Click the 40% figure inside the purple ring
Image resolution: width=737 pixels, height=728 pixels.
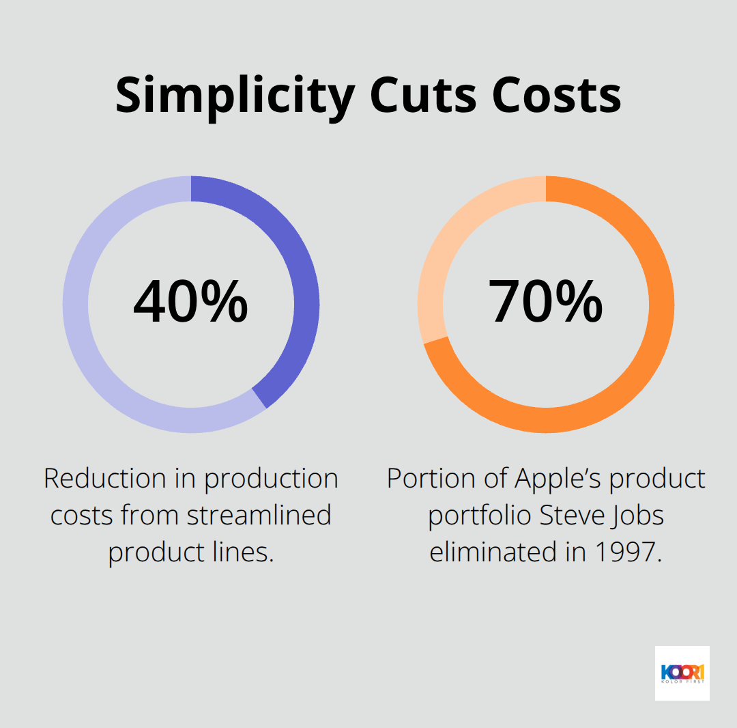[x=190, y=302]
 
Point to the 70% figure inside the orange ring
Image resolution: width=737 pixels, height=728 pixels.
[x=545, y=302]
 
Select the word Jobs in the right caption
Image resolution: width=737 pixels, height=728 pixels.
[x=638, y=516]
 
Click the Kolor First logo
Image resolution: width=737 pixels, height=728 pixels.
[x=682, y=673]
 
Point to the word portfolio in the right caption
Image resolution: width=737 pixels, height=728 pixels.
[x=480, y=516]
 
